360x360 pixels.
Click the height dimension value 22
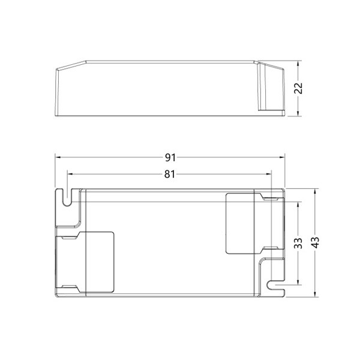[298, 88]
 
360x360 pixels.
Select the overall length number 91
[170, 158]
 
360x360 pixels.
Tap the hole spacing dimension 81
[170, 175]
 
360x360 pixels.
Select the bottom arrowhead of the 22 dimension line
[298, 113]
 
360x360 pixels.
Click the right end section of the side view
[271, 89]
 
